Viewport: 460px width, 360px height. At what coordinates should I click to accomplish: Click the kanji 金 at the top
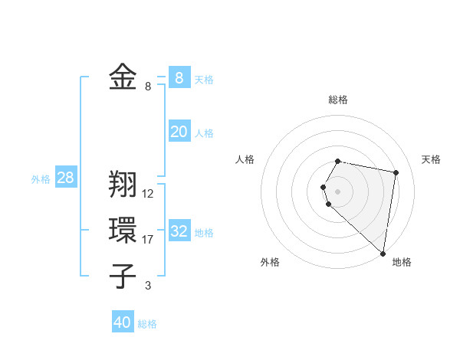pos(123,77)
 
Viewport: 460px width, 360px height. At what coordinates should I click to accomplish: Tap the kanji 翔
pos(123,185)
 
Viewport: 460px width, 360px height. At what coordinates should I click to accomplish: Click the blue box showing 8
pos(179,77)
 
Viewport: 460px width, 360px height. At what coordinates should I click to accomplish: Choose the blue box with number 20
pos(179,132)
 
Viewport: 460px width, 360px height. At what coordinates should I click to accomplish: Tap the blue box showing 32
pos(179,231)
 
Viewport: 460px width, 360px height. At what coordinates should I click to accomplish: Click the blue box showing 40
pos(123,322)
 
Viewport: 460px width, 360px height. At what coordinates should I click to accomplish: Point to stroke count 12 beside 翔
pos(148,194)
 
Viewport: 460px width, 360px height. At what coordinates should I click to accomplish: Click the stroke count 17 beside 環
pos(148,240)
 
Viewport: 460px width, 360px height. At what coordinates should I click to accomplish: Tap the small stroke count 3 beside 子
pos(148,286)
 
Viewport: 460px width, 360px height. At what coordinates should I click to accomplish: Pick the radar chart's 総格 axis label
pos(338,100)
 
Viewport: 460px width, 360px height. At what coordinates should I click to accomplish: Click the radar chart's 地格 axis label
pos(402,262)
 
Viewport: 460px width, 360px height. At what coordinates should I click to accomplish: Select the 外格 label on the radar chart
pos(270,262)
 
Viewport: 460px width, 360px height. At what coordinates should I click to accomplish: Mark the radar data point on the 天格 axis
pos(396,172)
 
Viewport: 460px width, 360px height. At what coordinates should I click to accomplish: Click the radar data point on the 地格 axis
pos(383,253)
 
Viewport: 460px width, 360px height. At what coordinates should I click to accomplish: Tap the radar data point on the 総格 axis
pos(338,161)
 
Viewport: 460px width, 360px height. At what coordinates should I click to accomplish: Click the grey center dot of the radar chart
pos(338,191)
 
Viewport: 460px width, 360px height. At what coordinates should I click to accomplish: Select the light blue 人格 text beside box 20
pos(204,133)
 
